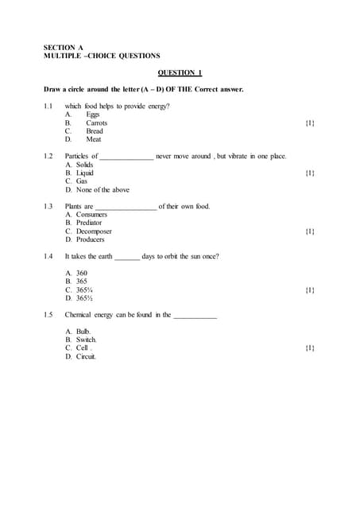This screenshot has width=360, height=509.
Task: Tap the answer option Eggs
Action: pyautogui.click(x=92, y=115)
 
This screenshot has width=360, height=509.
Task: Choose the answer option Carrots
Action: pyautogui.click(x=96, y=123)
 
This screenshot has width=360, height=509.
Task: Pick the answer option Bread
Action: pyautogui.click(x=95, y=131)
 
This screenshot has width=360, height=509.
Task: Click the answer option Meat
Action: pyautogui.click(x=93, y=139)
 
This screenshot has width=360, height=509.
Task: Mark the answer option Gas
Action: pyautogui.click(x=82, y=181)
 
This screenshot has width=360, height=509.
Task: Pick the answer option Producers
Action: pyautogui.click(x=90, y=239)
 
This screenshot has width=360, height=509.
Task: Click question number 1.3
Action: pyautogui.click(x=48, y=207)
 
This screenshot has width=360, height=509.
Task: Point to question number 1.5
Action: pyautogui.click(x=48, y=315)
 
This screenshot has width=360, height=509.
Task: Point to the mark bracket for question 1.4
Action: pyautogui.click(x=309, y=290)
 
